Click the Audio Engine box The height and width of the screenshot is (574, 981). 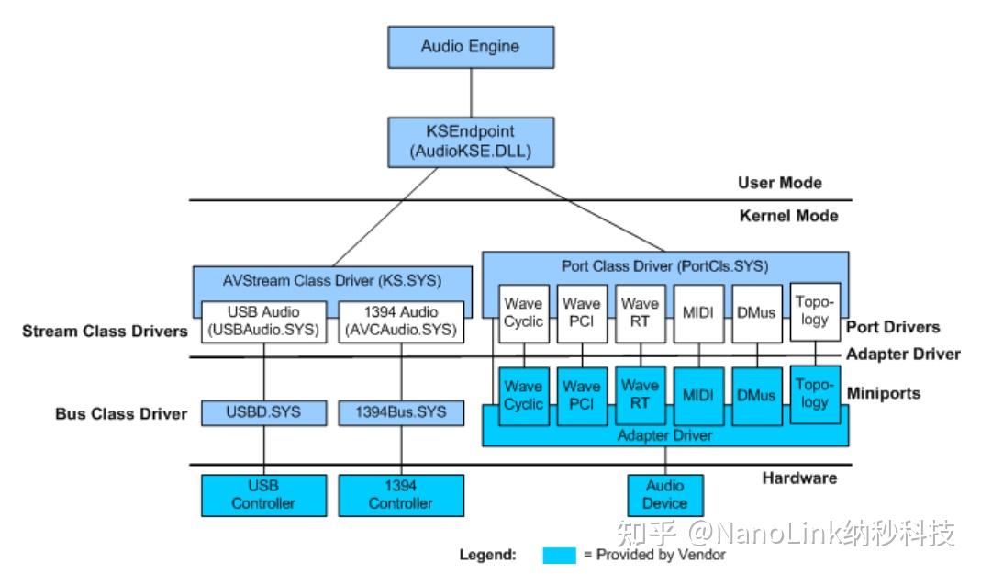471,47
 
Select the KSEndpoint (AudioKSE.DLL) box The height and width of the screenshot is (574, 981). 471,142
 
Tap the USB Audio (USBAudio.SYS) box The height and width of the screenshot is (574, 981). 263,321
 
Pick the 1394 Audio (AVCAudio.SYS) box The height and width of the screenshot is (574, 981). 401,321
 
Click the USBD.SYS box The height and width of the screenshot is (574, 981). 263,413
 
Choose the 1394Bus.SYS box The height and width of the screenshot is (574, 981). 401,413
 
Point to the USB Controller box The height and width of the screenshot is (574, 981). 263,495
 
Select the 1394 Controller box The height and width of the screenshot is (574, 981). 401,495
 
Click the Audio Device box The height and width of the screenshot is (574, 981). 665,495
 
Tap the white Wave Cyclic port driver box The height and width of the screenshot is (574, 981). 524,313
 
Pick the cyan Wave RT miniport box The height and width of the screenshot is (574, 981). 640,396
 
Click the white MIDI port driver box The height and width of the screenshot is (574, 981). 698,313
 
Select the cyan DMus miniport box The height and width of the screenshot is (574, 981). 756,396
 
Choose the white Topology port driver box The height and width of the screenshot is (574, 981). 815,311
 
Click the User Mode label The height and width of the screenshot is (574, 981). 779,183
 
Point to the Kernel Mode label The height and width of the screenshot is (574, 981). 788,216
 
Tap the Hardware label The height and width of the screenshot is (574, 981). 799,478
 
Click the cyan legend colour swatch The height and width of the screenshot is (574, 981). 559,556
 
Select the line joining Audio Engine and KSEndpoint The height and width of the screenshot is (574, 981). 471,93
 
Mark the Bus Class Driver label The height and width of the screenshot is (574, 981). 121,414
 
